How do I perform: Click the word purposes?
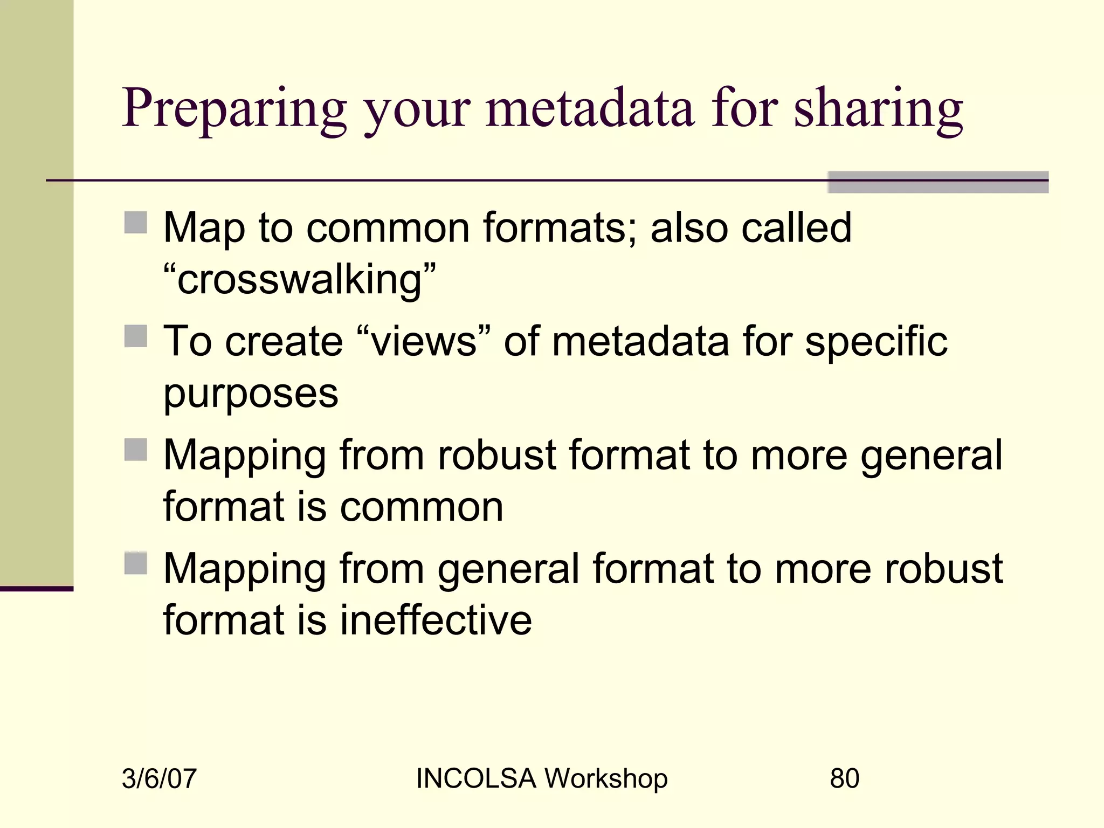pos(251,394)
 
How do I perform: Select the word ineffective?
pos(436,620)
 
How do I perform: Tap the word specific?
pos(876,342)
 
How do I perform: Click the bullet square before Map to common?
pos(135,222)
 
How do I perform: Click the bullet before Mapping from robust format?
pos(135,450)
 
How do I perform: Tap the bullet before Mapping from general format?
pos(135,563)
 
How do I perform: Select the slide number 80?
pos(844,778)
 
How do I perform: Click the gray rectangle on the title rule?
pos(937,182)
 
